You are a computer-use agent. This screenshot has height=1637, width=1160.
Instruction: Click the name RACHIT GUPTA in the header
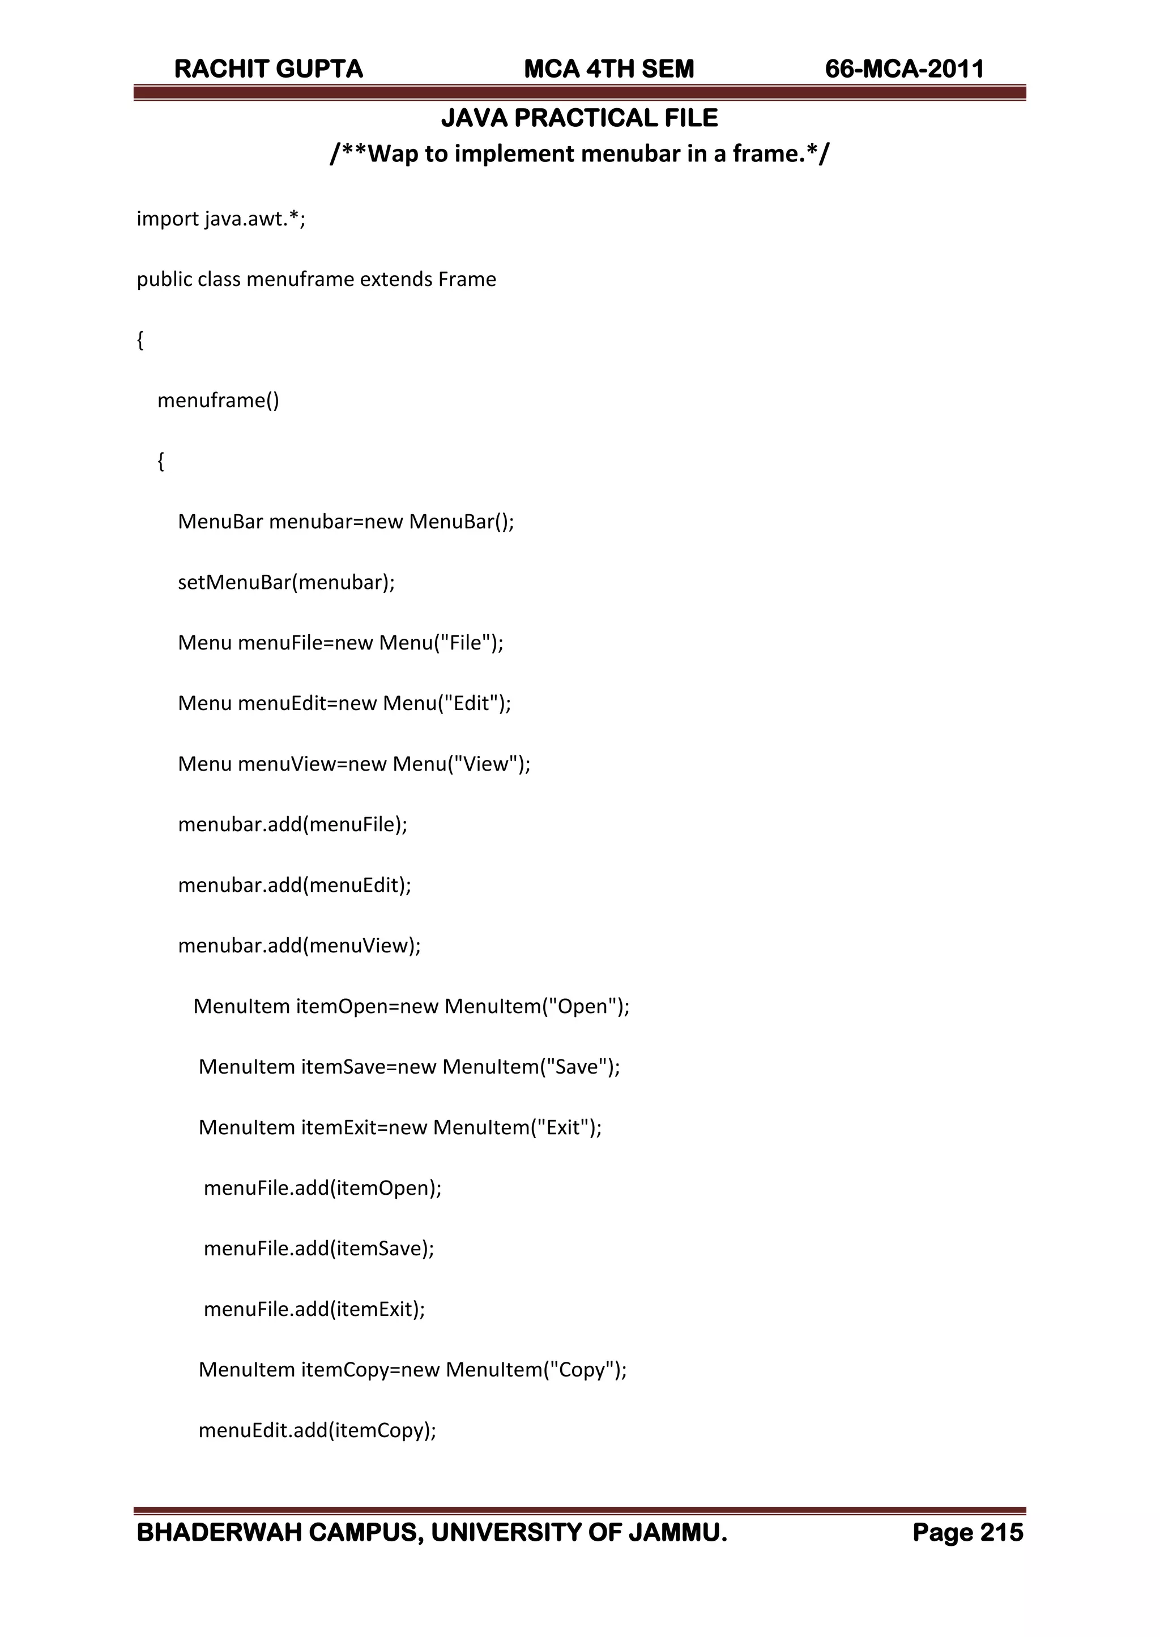point(268,69)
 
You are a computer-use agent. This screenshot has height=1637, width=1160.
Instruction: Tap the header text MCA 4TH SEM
point(608,69)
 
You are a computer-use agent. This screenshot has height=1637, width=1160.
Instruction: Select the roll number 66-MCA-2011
point(905,69)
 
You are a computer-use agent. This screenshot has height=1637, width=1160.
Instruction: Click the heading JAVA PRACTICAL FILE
point(579,118)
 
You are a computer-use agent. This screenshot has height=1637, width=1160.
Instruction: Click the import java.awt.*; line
point(221,219)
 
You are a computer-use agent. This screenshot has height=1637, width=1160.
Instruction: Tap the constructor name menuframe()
point(218,400)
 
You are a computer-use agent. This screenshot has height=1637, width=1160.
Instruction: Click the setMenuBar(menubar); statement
point(285,583)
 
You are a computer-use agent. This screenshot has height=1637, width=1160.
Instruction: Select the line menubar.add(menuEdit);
point(295,885)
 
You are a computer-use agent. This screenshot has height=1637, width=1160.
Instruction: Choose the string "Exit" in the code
point(562,1128)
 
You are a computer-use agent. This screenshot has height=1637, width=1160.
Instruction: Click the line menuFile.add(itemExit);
point(314,1309)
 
